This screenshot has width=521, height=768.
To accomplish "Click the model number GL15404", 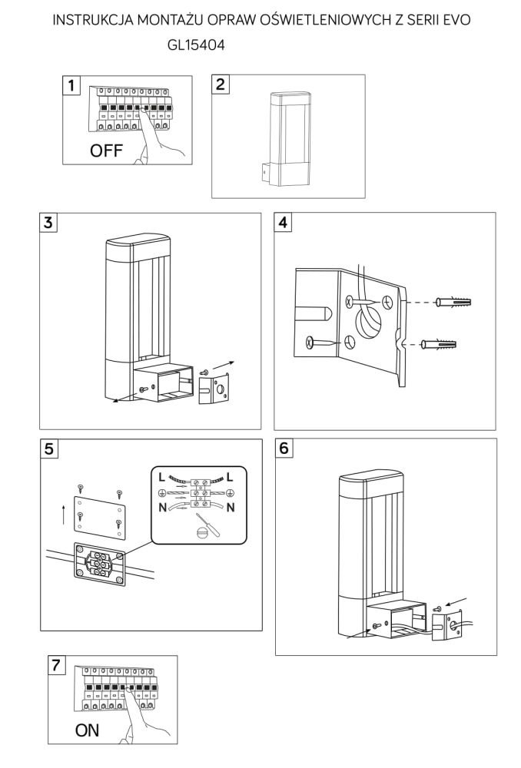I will click(196, 46).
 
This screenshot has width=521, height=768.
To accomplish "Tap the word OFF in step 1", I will click(106, 151).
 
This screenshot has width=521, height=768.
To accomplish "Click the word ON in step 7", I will click(87, 730).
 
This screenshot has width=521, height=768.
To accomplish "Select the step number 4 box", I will click(284, 223).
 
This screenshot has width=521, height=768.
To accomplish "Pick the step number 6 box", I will click(284, 449).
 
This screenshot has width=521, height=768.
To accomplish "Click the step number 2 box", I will click(221, 84).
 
